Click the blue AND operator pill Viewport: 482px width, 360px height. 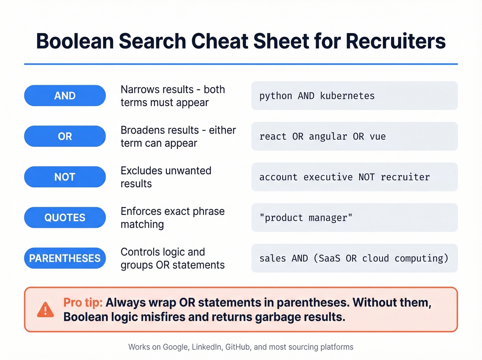(x=65, y=95)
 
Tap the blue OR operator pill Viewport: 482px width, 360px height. (x=65, y=136)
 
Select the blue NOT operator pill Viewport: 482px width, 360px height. (x=65, y=177)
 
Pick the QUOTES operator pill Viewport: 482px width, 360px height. (x=65, y=217)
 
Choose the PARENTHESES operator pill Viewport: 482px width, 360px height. (x=65, y=258)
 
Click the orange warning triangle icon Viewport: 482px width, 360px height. (x=45, y=309)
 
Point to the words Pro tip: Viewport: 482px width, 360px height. (x=83, y=302)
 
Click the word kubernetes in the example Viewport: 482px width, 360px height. (x=347, y=96)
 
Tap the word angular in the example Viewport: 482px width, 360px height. (x=328, y=136)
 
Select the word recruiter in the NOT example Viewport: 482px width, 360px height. (x=405, y=177)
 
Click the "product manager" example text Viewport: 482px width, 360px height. (x=306, y=218)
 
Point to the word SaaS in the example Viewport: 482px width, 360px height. (x=329, y=258)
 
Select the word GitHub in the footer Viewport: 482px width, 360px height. (x=238, y=347)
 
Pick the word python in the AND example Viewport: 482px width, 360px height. (x=276, y=96)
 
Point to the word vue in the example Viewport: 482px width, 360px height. (x=378, y=136)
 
